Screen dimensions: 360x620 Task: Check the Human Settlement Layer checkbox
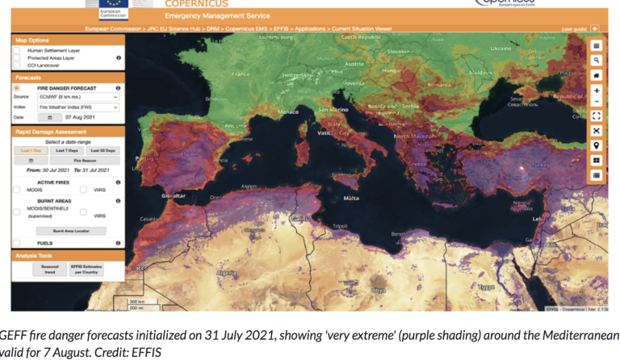[x=17, y=51]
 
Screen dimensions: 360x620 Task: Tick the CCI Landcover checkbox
[x=17, y=65]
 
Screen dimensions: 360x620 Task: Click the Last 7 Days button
[x=68, y=150]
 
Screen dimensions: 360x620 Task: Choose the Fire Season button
[x=85, y=160]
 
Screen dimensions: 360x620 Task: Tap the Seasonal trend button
[x=44, y=270]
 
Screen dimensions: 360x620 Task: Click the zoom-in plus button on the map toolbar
[x=596, y=90]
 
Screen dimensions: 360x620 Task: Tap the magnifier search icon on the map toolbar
[x=596, y=61]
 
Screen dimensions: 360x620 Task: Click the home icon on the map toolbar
[x=596, y=75]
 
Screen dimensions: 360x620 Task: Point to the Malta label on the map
[x=351, y=197]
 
